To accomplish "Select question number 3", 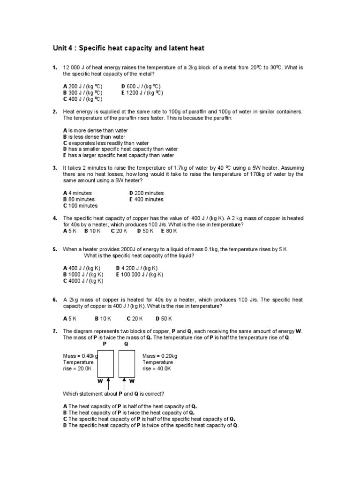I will [x=55, y=167].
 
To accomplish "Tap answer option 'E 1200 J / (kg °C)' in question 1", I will [x=142, y=93].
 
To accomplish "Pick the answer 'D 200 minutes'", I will [x=146, y=193].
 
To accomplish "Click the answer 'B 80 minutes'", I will [x=79, y=199].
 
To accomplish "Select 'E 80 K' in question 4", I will [x=169, y=231].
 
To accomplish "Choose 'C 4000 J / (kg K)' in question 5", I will [x=83, y=281].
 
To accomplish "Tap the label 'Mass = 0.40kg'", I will [x=81, y=356].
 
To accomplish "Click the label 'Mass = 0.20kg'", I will [x=160, y=356].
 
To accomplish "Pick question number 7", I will [x=55, y=331].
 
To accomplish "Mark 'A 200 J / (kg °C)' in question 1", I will [x=82, y=86].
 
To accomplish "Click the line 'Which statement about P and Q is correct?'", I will [x=113, y=393].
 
